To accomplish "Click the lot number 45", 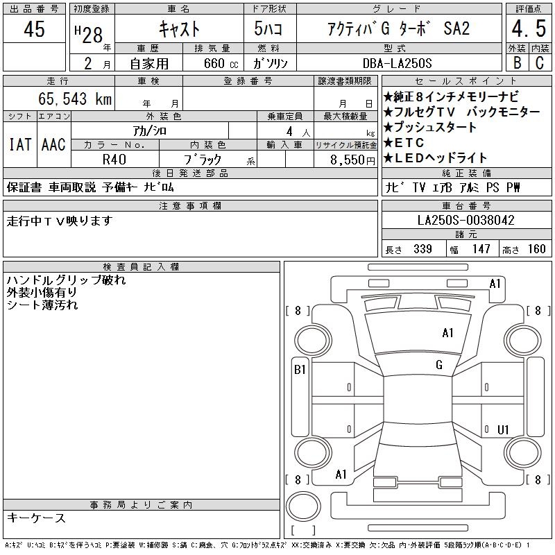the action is pyautogui.click(x=34, y=29).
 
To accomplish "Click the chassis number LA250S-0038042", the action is pyautogui.click(x=466, y=220).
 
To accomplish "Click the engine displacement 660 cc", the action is pyautogui.click(x=212, y=62).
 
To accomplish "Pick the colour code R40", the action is pyautogui.click(x=114, y=159).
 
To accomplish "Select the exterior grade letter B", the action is pyautogui.click(x=517, y=62).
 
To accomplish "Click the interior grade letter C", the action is pyautogui.click(x=539, y=62).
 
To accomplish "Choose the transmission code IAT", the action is pyautogui.click(x=19, y=144).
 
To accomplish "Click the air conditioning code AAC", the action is pyautogui.click(x=53, y=144).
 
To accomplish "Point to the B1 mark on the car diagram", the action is pyautogui.click(x=300, y=370).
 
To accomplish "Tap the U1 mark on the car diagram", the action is pyautogui.click(x=504, y=429).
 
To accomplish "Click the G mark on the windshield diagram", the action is pyautogui.click(x=439, y=365).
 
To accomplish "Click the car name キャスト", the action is pyautogui.click(x=180, y=29).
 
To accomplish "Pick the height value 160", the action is pyautogui.click(x=537, y=249).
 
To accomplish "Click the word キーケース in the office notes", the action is pyautogui.click(x=36, y=518).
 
